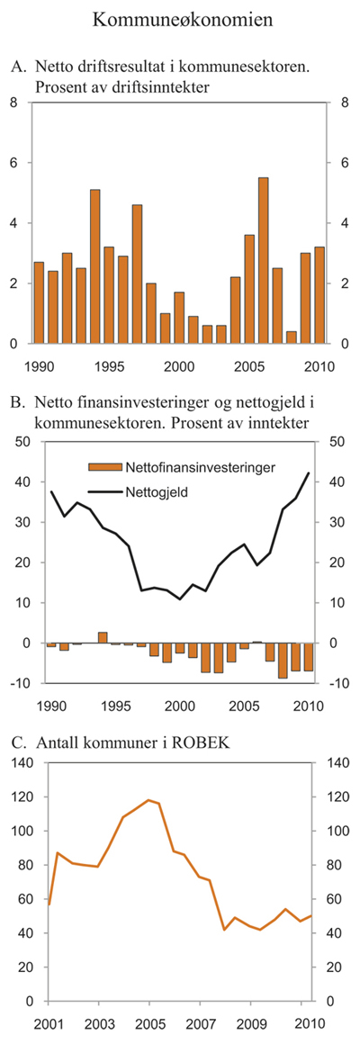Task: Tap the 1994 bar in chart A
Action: pyautogui.click(x=94, y=266)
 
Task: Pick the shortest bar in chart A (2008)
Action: pyautogui.click(x=291, y=337)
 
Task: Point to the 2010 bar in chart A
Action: pyautogui.click(x=319, y=295)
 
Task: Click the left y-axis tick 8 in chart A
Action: pyautogui.click(x=13, y=103)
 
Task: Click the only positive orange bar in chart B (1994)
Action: pyautogui.click(x=103, y=638)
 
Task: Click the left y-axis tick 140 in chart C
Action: pyautogui.click(x=17, y=763)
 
